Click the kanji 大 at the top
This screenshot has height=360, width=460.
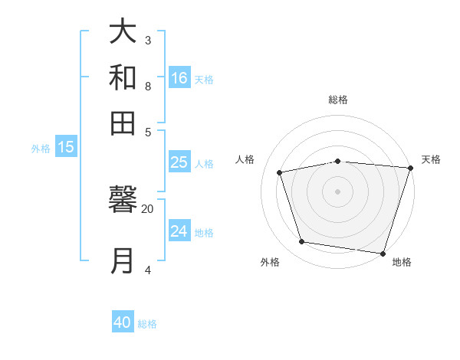(123, 33)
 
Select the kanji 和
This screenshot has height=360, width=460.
(123, 77)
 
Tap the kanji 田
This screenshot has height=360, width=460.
(123, 122)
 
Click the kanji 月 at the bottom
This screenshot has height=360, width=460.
(123, 260)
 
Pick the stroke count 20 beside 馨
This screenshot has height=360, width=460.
(148, 208)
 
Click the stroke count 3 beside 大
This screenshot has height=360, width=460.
(148, 40)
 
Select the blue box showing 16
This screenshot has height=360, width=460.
(179, 77)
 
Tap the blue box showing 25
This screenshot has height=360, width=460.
(179, 162)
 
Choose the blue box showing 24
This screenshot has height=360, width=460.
(179, 231)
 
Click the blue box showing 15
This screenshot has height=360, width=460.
(66, 148)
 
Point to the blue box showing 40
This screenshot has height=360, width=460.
(123, 322)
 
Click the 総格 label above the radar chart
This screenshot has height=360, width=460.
(338, 100)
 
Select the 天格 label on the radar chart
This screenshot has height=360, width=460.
(431, 159)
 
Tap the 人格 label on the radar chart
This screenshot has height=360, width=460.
(245, 159)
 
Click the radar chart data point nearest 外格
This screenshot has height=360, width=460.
(302, 242)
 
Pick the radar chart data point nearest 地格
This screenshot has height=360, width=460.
(383, 253)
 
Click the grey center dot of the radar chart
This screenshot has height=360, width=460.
(338, 191)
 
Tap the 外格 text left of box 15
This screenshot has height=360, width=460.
(40, 149)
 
